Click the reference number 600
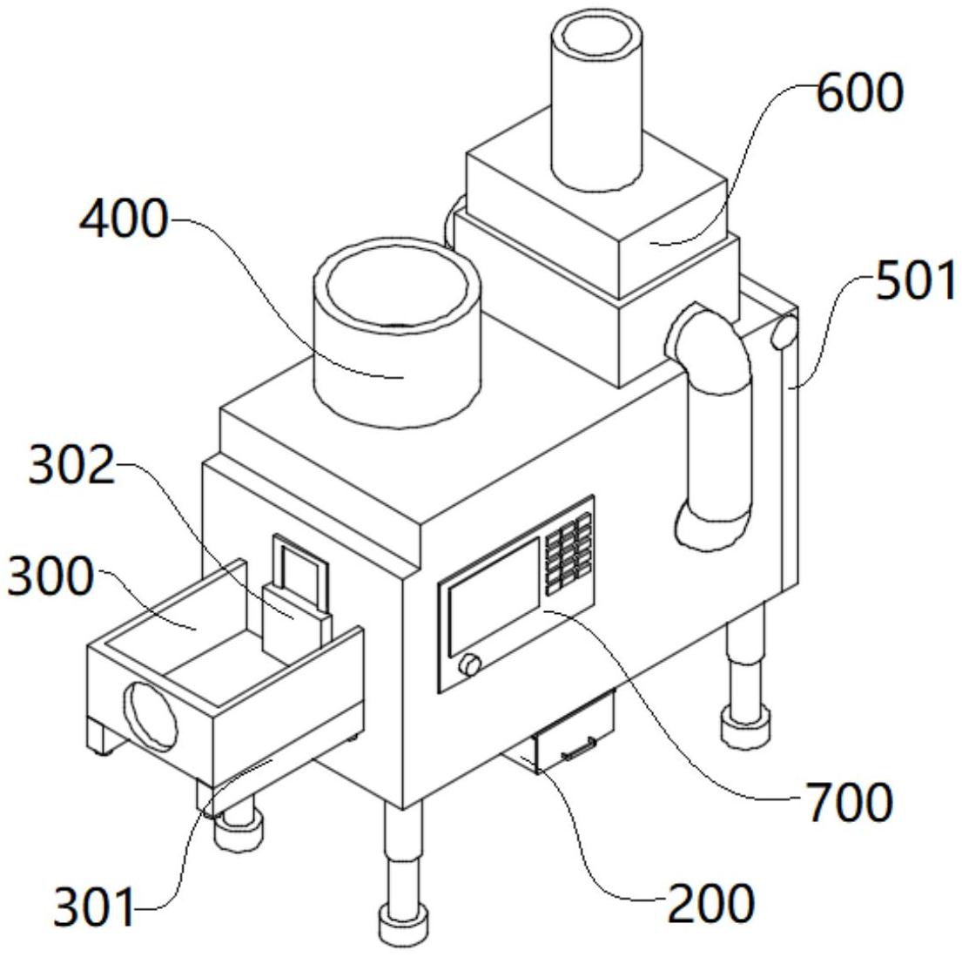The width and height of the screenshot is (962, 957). (x=859, y=92)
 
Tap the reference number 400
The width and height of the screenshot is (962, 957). (x=124, y=219)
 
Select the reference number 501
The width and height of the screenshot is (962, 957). (x=915, y=280)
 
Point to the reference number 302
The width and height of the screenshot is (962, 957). (x=72, y=465)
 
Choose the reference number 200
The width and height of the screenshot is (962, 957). (x=710, y=904)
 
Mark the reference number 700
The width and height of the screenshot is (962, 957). (x=849, y=802)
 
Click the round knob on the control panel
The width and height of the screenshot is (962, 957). (x=471, y=664)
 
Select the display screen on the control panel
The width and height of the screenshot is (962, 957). (x=494, y=596)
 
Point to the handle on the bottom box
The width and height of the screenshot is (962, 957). (x=579, y=749)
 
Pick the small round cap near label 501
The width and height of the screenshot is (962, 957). (x=784, y=332)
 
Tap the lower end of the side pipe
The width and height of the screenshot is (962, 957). (x=711, y=528)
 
